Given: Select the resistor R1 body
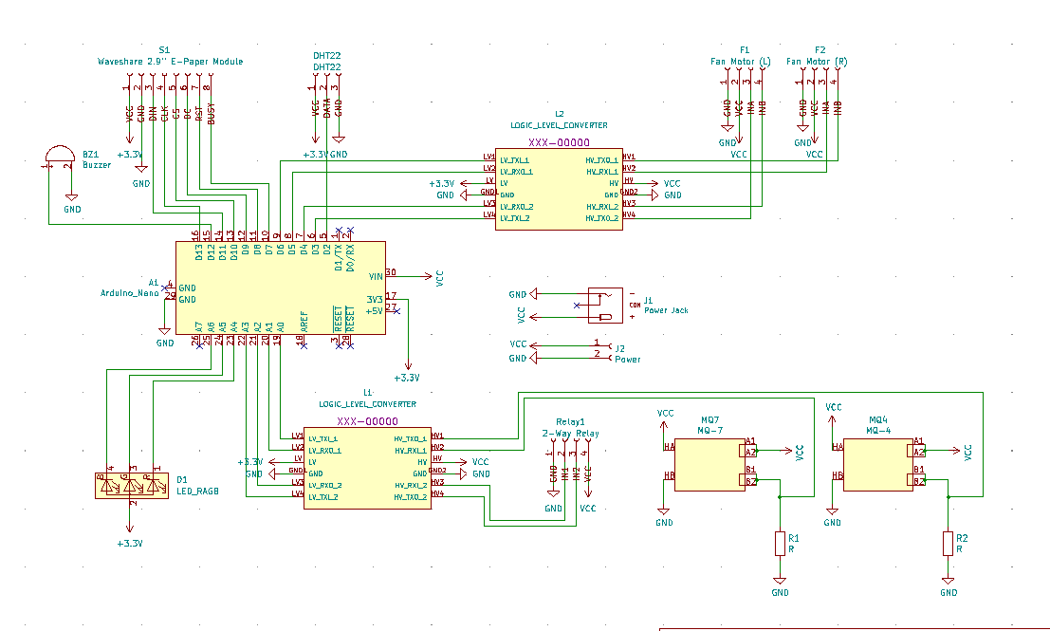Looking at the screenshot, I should click(x=780, y=544).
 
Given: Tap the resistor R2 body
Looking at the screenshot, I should click(x=948, y=544).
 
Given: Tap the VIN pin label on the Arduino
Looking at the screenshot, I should click(x=375, y=276).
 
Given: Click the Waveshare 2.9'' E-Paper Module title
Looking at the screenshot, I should click(x=170, y=62).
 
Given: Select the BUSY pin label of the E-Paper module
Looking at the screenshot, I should click(x=211, y=113).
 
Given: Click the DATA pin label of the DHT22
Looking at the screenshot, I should click(x=327, y=108).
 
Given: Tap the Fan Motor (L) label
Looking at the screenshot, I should click(x=740, y=62).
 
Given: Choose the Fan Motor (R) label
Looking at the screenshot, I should click(x=817, y=62).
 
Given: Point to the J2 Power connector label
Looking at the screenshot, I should click(x=627, y=360).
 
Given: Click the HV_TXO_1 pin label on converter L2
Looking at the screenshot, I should click(x=601, y=160).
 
